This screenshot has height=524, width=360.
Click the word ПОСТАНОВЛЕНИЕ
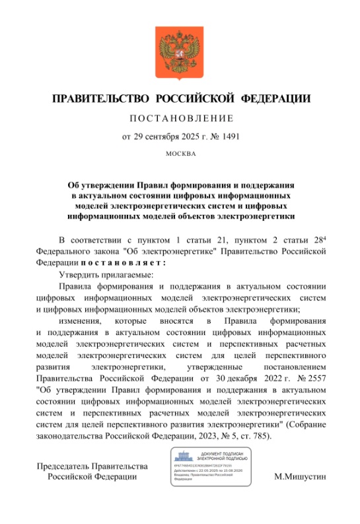click(180, 119)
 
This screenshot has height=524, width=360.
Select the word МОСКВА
click(180, 155)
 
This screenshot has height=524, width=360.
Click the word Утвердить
click(79, 274)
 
